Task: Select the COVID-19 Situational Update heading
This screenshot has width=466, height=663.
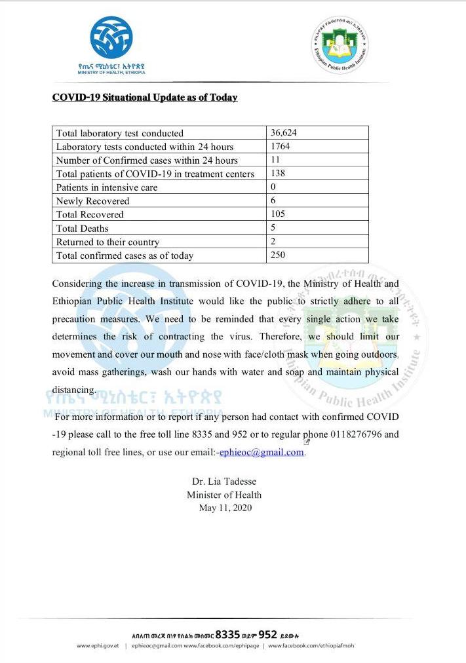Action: (x=145, y=98)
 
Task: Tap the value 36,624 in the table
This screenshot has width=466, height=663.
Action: (x=284, y=132)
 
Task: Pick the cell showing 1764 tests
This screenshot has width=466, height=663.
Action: (x=280, y=146)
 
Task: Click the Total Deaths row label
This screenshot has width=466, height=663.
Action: (x=83, y=228)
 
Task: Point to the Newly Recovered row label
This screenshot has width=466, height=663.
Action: (x=92, y=201)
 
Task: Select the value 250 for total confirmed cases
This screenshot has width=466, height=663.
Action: (x=278, y=256)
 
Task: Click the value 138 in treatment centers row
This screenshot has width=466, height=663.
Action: (x=278, y=174)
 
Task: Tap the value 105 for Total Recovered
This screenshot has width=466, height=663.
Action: (x=278, y=214)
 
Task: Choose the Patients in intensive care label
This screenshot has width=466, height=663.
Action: (x=107, y=187)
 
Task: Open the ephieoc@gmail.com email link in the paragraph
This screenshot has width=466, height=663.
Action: (x=262, y=452)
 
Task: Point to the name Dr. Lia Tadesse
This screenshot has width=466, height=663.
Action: (x=224, y=482)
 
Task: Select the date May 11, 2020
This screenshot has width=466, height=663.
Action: (x=225, y=508)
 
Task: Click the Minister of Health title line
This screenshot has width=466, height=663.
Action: (x=224, y=495)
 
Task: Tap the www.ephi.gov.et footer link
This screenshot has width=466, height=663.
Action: (x=98, y=646)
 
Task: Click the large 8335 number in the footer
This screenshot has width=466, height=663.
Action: (x=228, y=634)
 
